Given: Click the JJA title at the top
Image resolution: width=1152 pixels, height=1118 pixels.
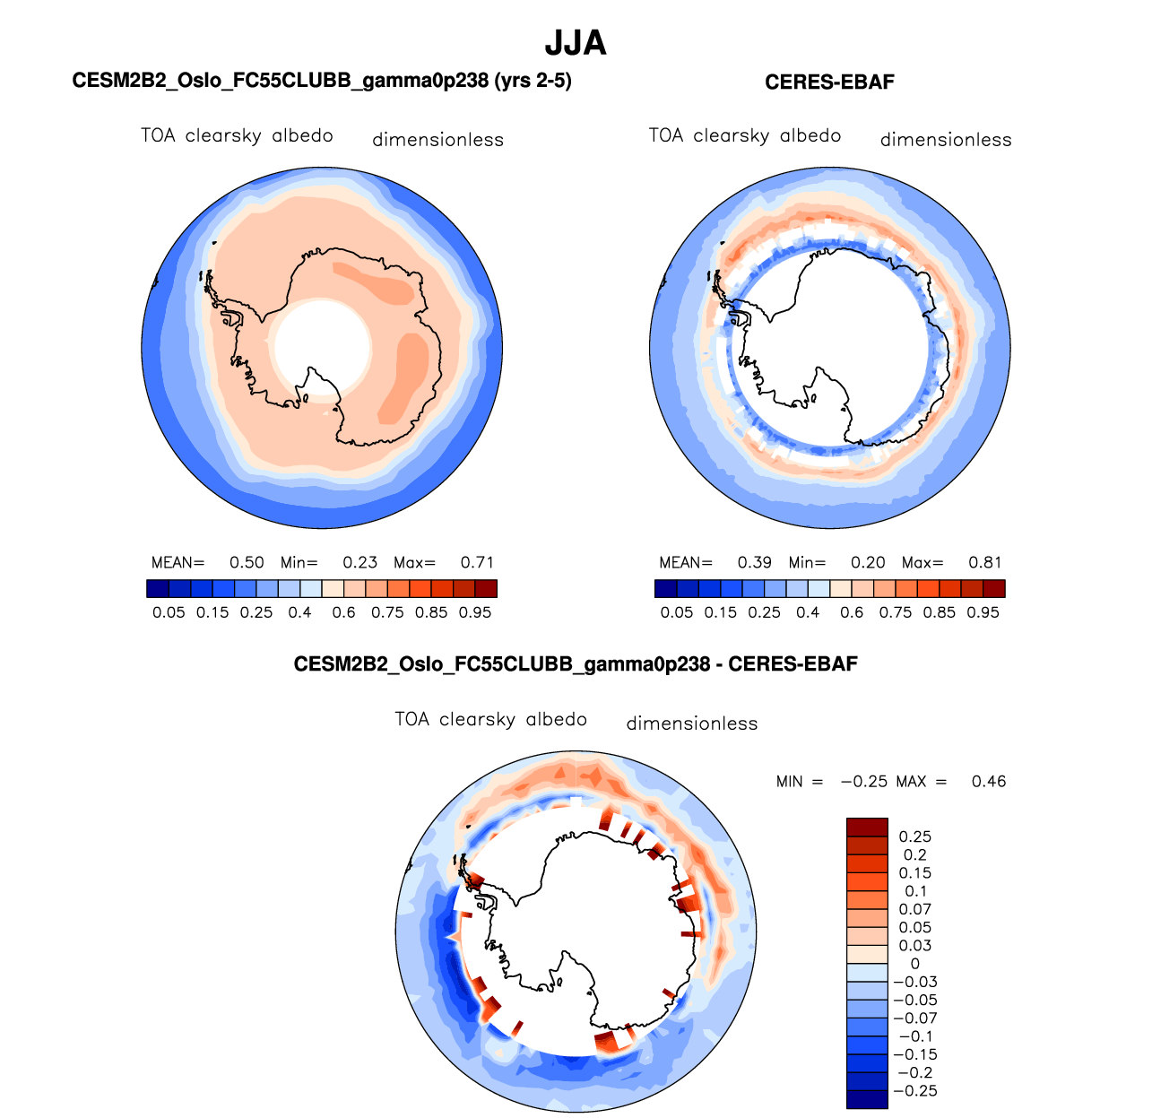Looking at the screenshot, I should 576,43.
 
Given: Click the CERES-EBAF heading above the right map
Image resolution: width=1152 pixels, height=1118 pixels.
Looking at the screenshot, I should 829,82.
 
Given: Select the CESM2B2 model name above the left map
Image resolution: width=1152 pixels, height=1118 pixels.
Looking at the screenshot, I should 322,82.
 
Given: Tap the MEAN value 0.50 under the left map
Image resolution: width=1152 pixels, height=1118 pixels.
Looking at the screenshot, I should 247,563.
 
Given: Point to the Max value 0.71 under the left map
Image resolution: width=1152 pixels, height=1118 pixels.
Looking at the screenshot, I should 477,563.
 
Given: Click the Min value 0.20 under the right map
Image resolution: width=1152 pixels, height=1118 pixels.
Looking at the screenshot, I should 868,563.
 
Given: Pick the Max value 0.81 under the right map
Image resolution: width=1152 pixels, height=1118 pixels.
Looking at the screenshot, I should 985,563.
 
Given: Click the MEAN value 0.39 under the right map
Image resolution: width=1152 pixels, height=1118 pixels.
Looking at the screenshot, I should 755,563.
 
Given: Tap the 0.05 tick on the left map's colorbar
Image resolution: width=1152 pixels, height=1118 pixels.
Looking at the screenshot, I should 169,612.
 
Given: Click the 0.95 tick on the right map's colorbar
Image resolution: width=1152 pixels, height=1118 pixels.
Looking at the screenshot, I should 983,612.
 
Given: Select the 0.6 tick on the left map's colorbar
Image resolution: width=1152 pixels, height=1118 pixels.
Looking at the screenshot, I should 343,612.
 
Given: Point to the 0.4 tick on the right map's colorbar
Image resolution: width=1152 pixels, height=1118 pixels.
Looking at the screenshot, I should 808,612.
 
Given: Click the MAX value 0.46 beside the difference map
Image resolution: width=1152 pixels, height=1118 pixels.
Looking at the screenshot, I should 989,782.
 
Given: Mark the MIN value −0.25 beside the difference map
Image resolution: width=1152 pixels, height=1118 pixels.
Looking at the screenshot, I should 863,782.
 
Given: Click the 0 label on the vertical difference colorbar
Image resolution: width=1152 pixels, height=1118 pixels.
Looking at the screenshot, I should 914,964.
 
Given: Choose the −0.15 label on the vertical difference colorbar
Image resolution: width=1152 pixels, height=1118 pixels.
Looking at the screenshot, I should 914,1054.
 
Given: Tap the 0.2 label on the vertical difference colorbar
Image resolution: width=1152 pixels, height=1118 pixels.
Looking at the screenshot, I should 914,855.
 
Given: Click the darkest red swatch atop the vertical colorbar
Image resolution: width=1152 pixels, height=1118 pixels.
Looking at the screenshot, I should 867,827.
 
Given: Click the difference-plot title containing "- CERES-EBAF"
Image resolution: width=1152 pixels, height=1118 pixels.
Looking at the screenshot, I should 576,664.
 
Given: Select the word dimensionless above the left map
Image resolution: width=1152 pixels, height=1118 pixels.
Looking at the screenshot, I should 437,140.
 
